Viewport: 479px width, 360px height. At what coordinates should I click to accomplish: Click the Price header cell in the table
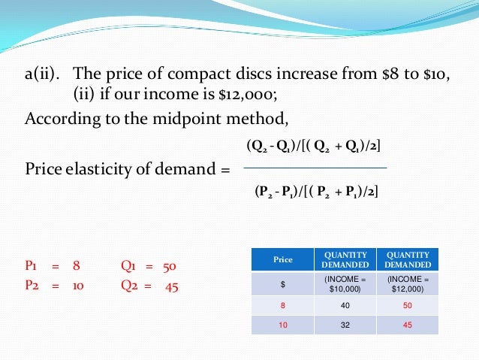pyautogui.click(x=282, y=259)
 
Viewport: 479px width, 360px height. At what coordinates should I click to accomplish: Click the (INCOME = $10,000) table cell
pyautogui.click(x=345, y=283)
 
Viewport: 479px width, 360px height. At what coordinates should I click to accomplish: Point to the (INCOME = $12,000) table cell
pyautogui.click(x=407, y=283)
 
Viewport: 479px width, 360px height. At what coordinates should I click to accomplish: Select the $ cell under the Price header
pyautogui.click(x=282, y=283)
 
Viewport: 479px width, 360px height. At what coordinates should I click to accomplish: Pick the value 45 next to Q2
pyautogui.click(x=170, y=286)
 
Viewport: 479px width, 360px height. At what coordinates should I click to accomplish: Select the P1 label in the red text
pyautogui.click(x=32, y=266)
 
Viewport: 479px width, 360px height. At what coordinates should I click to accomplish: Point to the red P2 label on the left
pyautogui.click(x=32, y=286)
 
